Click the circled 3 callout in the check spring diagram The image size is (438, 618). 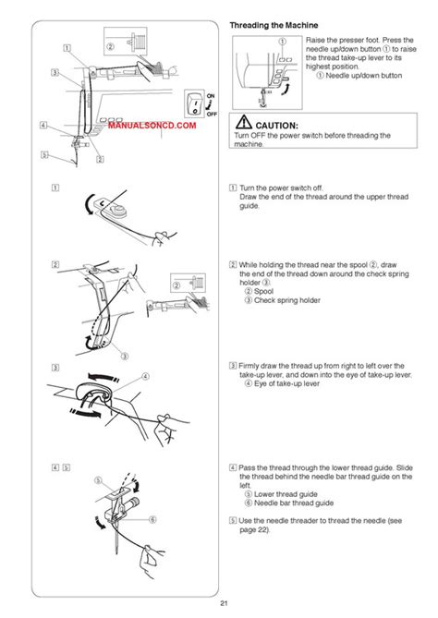pyautogui.click(x=125, y=356)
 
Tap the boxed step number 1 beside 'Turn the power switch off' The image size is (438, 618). pyautogui.click(x=232, y=187)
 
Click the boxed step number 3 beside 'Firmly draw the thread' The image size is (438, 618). pyautogui.click(x=232, y=366)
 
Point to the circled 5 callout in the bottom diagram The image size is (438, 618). pyautogui.click(x=99, y=480)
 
